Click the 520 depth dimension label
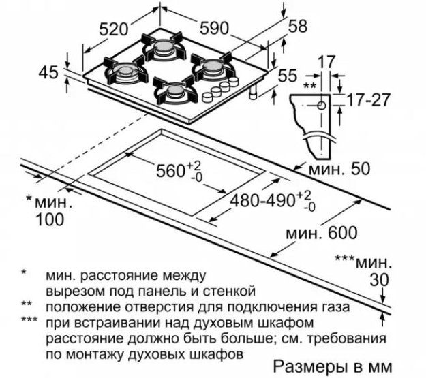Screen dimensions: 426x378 pos(113,29)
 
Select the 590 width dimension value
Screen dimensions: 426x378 pos(214,28)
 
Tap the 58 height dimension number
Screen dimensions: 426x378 pos(297,27)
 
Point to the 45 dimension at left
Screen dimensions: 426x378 pos(48,72)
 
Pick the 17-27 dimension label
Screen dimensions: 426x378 pos(368,99)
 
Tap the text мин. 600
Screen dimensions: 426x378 pos(322,233)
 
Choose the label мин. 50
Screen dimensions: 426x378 pos(339,169)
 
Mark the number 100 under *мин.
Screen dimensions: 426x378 pos(50,219)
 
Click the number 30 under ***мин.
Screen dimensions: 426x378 pos(380,280)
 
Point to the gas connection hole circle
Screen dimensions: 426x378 pos(322,106)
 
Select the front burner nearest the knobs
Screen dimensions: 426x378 pos(174,91)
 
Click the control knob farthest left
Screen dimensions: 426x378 pos(208,97)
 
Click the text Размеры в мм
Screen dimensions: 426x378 pos(332,366)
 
